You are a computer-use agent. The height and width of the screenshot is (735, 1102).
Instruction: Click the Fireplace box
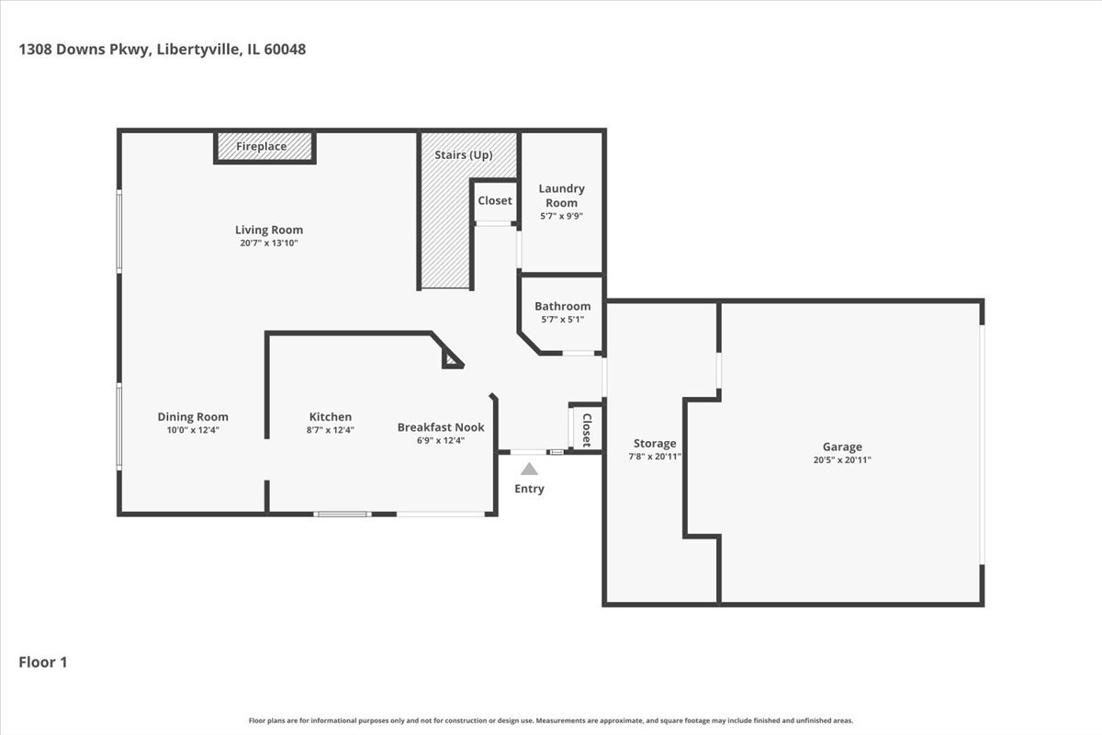pos(264,147)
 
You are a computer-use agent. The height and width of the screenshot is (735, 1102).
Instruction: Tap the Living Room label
pos(268,230)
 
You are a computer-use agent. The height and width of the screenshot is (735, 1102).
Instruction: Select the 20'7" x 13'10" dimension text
pos(268,243)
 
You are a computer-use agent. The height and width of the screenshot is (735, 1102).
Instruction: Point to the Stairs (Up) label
pos(463,155)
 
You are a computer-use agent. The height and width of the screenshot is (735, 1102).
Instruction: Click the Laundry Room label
pos(561,195)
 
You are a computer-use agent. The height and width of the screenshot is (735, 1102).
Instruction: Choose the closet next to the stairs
pos(494,200)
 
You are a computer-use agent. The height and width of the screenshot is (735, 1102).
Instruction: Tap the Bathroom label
pos(562,306)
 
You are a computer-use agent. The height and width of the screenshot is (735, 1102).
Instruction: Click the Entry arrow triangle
pos(529,469)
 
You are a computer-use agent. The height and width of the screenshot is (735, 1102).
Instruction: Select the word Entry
pos(529,489)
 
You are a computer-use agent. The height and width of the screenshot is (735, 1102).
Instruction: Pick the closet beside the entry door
pos(586,428)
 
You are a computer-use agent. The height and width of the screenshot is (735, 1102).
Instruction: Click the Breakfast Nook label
pos(440,427)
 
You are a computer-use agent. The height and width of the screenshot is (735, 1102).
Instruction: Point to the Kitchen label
pos(330,417)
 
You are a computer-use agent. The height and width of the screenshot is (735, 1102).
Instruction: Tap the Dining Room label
pos(193,417)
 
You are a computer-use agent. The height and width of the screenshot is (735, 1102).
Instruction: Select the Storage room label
pos(654,444)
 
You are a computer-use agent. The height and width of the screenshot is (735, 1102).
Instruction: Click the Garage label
pos(841,447)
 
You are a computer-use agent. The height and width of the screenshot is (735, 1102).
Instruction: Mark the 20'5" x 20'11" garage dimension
pos(841,459)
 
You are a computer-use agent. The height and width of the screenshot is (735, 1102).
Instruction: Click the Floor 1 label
pos(43,661)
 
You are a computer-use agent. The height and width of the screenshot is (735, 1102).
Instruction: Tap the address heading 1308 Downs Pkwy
pos(162,50)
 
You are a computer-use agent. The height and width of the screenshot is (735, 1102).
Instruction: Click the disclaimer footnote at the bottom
pos(551,720)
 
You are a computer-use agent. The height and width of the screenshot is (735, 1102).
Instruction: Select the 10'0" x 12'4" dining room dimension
pos(193,430)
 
